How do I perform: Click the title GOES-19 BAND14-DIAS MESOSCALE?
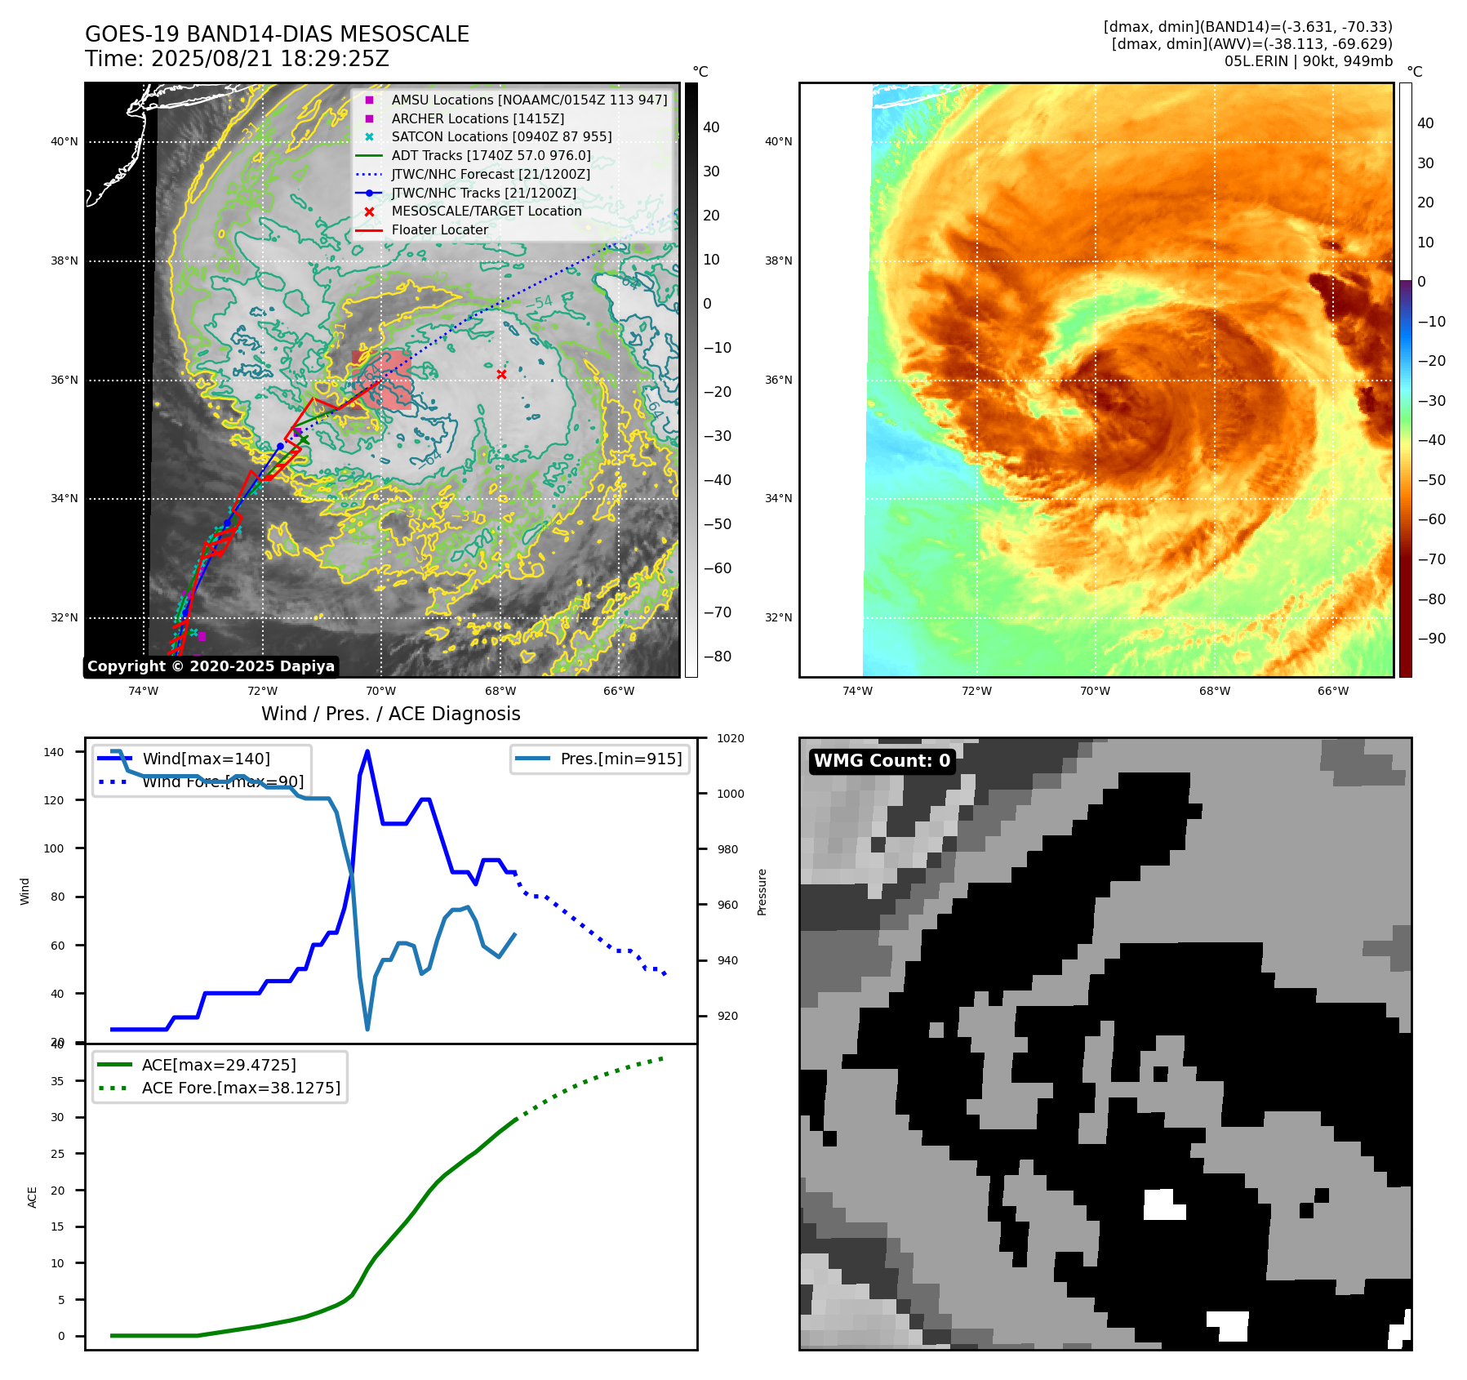[x=277, y=34]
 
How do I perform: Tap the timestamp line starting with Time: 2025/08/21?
[x=237, y=60]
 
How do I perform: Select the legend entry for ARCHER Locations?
[x=477, y=118]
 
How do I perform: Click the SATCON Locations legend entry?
[x=500, y=137]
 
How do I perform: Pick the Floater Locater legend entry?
[x=439, y=230]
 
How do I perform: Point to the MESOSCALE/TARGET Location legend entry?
[x=486, y=211]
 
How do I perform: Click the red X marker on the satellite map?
[x=501, y=374]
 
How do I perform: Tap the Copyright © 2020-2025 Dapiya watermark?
[x=211, y=666]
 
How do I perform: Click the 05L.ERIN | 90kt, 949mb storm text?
[x=1308, y=61]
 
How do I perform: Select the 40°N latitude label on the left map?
[x=64, y=142]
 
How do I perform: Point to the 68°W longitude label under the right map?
[x=1214, y=692]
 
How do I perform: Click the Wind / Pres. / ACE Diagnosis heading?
[x=390, y=714]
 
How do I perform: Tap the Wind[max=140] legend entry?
[x=206, y=759]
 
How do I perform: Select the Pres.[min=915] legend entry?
[x=620, y=759]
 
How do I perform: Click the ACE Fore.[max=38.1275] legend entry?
[x=240, y=1088]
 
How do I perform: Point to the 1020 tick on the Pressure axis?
[x=730, y=738]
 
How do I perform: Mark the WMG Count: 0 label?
[x=882, y=761]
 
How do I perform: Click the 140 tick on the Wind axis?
[x=54, y=752]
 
